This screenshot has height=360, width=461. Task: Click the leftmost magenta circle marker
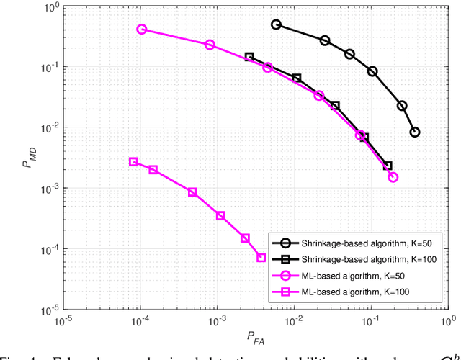[142, 30]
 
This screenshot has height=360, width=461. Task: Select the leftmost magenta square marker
[133, 162]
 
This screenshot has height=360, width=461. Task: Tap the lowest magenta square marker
[261, 258]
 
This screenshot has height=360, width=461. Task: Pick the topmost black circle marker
[276, 24]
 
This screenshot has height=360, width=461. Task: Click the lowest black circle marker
[414, 132]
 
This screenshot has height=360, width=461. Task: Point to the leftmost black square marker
[249, 57]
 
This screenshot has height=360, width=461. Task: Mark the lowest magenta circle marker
[393, 177]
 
